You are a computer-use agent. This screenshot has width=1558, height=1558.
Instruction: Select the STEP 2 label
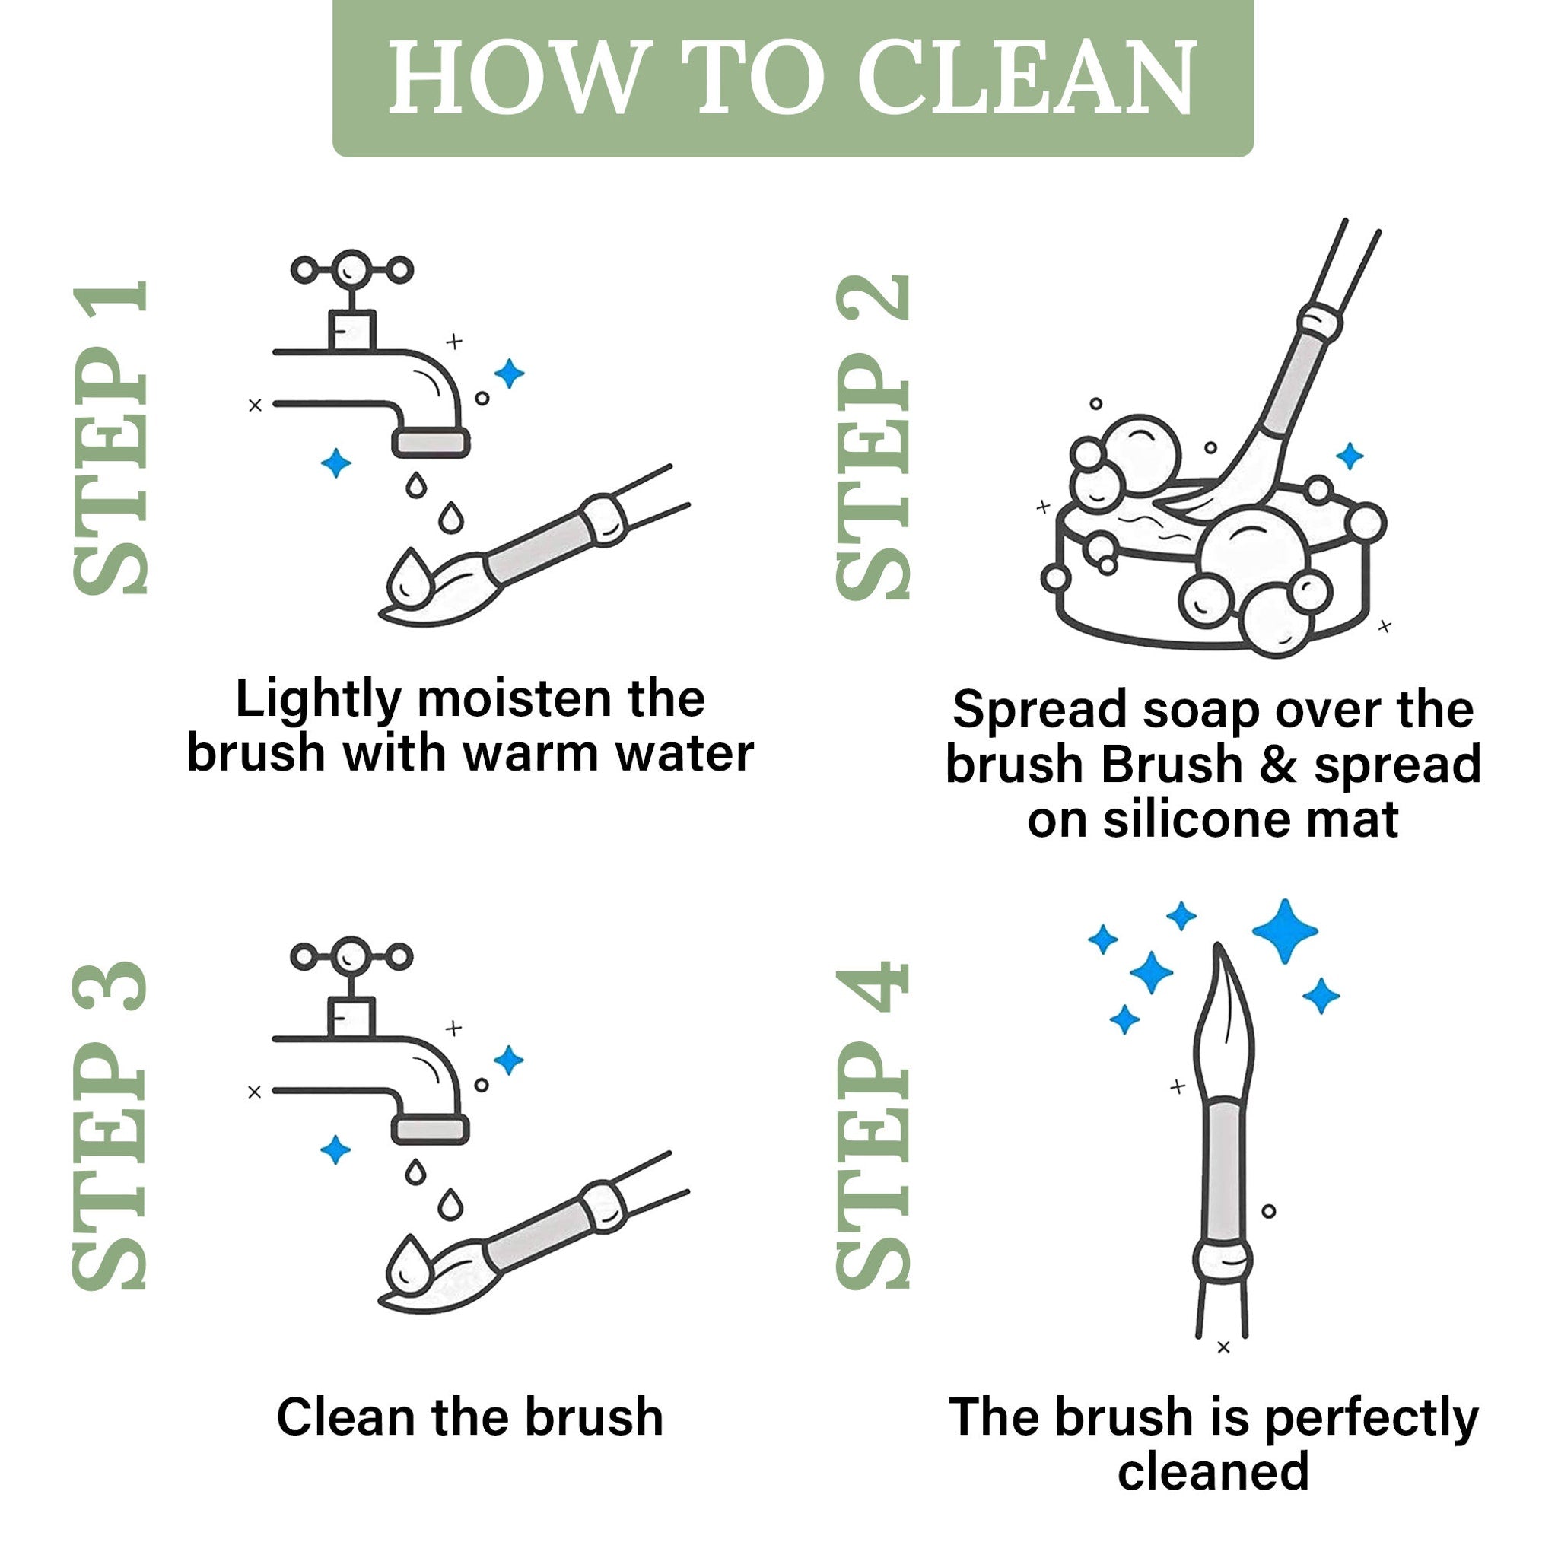pyautogui.click(x=873, y=438)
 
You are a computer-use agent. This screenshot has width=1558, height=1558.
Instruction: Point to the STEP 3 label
pyautogui.click(x=111, y=1125)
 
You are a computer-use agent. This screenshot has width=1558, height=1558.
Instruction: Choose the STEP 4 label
pyautogui.click(x=873, y=1125)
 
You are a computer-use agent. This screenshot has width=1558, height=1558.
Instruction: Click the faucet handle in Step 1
pyautogui.click(x=352, y=271)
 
